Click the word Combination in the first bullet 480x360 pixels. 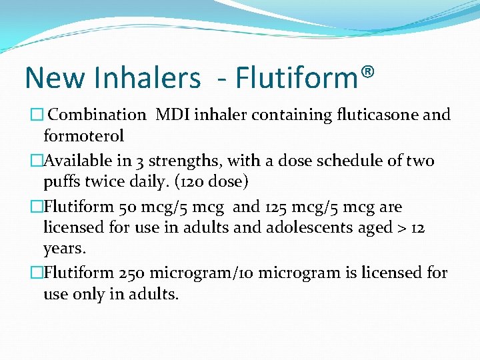click(x=97, y=115)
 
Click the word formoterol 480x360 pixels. click(x=83, y=136)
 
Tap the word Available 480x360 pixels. click(x=77, y=161)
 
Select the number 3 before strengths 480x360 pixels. click(x=139, y=161)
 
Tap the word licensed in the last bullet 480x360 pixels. click(x=386, y=273)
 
